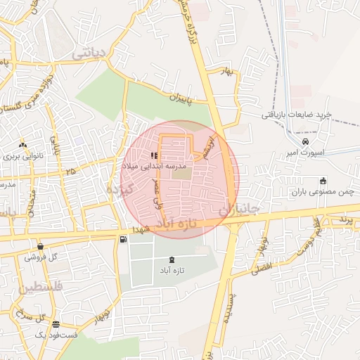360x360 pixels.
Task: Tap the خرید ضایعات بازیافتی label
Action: (x=296, y=115)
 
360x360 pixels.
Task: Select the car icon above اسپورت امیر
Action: (x=304, y=142)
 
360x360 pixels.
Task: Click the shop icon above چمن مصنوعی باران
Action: (x=323, y=181)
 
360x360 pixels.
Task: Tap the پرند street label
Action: (x=343, y=219)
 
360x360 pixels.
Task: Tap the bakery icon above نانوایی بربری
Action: (x=24, y=146)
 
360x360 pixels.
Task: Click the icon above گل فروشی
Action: (x=41, y=247)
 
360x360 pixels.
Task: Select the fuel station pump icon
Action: (x=124, y=240)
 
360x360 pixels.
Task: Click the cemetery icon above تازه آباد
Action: (x=173, y=260)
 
